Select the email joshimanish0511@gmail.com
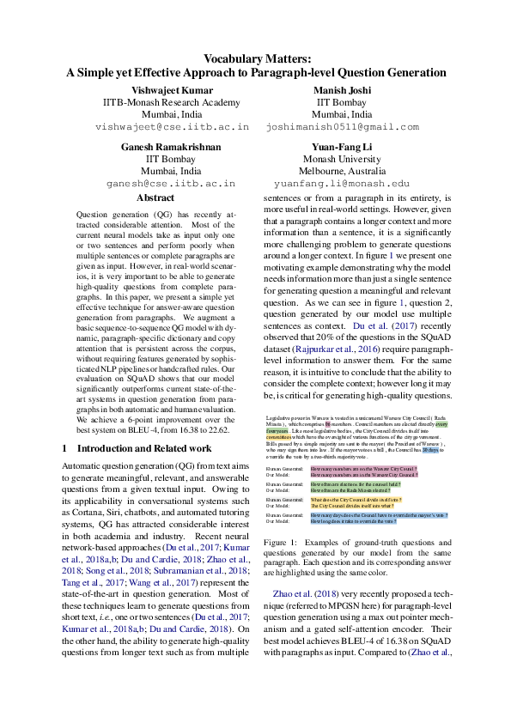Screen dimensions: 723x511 [x=342, y=126]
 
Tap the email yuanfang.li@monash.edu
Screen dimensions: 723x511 [x=342, y=184]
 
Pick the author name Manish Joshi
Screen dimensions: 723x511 [x=342, y=90]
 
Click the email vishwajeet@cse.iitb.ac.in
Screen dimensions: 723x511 [x=173, y=126]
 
